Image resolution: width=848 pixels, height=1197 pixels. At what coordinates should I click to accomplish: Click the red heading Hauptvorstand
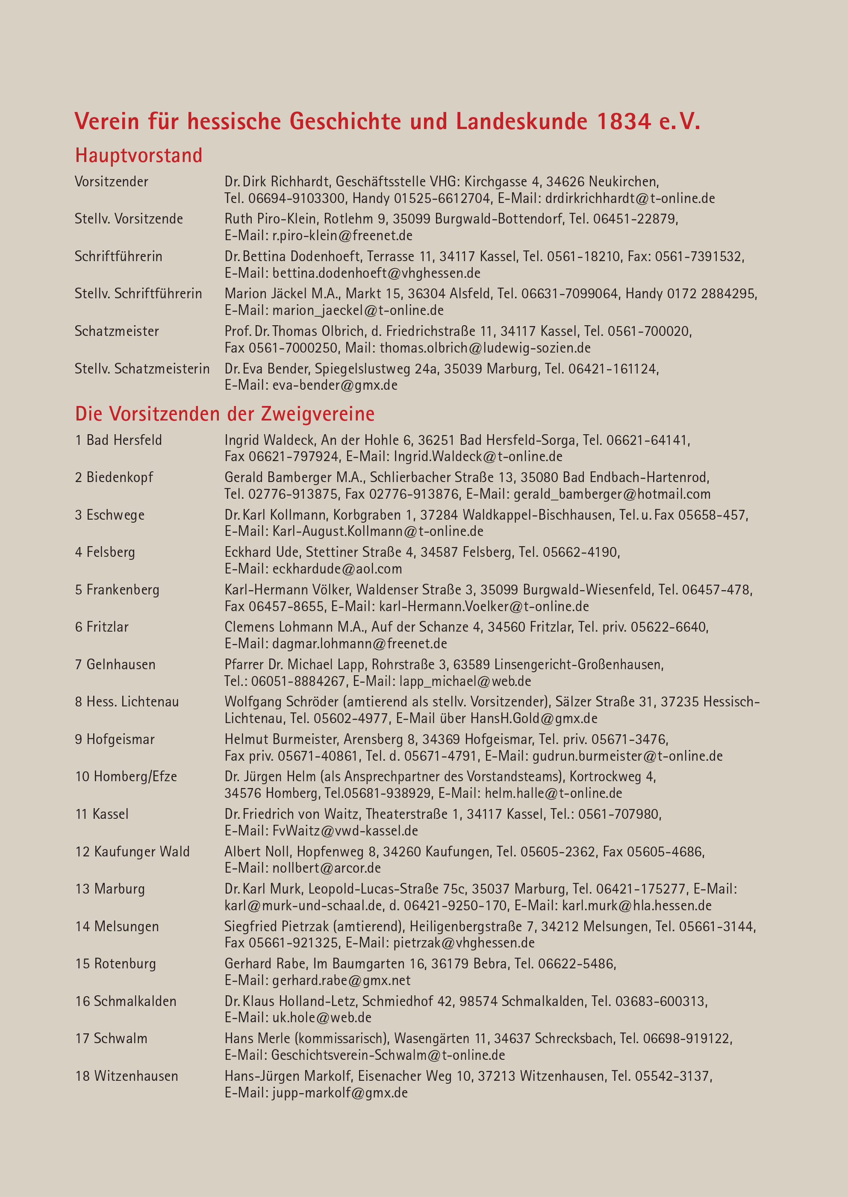coord(138,156)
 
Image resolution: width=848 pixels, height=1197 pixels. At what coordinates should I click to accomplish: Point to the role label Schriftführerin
coord(118,256)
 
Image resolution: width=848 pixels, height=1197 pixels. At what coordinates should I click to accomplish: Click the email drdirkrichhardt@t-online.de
coord(630,198)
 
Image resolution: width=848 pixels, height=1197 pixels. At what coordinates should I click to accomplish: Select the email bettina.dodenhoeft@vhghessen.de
coord(376,273)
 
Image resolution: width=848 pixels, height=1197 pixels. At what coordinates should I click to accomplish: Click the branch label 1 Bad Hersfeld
coord(118,440)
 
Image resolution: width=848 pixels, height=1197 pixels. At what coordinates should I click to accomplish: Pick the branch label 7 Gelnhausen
coord(115,665)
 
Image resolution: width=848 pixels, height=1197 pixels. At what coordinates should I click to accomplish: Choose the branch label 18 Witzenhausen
coord(127,1076)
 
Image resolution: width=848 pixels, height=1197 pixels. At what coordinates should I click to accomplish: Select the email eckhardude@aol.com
coord(337,569)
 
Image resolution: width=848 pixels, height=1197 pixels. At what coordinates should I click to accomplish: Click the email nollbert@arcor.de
coord(327,868)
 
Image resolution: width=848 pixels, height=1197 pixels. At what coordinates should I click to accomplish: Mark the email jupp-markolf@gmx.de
coord(339,1093)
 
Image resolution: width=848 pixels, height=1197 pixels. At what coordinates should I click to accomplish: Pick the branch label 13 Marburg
coord(110,889)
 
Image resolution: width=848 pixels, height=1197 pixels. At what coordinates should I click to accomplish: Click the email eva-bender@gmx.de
coord(335,385)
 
